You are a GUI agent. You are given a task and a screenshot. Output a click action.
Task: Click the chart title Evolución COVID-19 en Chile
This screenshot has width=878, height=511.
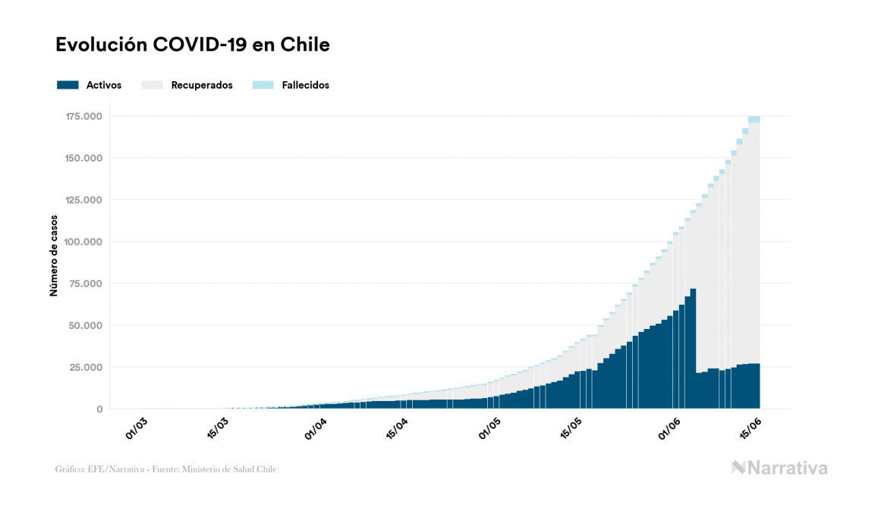[193, 45]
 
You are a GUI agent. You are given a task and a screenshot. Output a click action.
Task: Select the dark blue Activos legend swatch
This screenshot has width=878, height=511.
[68, 85]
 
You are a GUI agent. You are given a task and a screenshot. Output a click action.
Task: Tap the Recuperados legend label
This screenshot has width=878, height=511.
[202, 85]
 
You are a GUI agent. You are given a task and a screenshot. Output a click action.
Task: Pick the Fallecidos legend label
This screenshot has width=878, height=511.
[305, 85]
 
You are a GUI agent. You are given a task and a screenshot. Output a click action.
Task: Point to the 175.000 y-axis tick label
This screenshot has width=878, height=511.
[84, 116]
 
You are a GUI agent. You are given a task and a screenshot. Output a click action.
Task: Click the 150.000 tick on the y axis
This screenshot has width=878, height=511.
[84, 158]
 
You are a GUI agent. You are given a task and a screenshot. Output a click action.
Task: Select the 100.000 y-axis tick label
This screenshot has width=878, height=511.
[84, 242]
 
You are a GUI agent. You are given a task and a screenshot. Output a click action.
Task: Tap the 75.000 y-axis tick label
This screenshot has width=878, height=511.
[87, 284]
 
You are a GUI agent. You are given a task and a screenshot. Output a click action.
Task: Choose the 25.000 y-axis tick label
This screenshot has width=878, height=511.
[87, 367]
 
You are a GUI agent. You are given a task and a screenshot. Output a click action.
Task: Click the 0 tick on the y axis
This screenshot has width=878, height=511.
[99, 409]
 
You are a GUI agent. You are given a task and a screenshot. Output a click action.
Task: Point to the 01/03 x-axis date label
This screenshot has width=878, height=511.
[137, 427]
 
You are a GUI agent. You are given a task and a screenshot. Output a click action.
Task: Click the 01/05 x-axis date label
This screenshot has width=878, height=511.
[489, 427]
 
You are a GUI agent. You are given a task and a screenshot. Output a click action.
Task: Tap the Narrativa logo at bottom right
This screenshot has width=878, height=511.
[779, 468]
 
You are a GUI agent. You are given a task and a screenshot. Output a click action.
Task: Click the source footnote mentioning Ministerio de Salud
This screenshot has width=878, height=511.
[166, 469]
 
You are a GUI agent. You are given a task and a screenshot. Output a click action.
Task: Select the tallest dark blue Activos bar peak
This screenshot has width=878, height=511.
[693, 290]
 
